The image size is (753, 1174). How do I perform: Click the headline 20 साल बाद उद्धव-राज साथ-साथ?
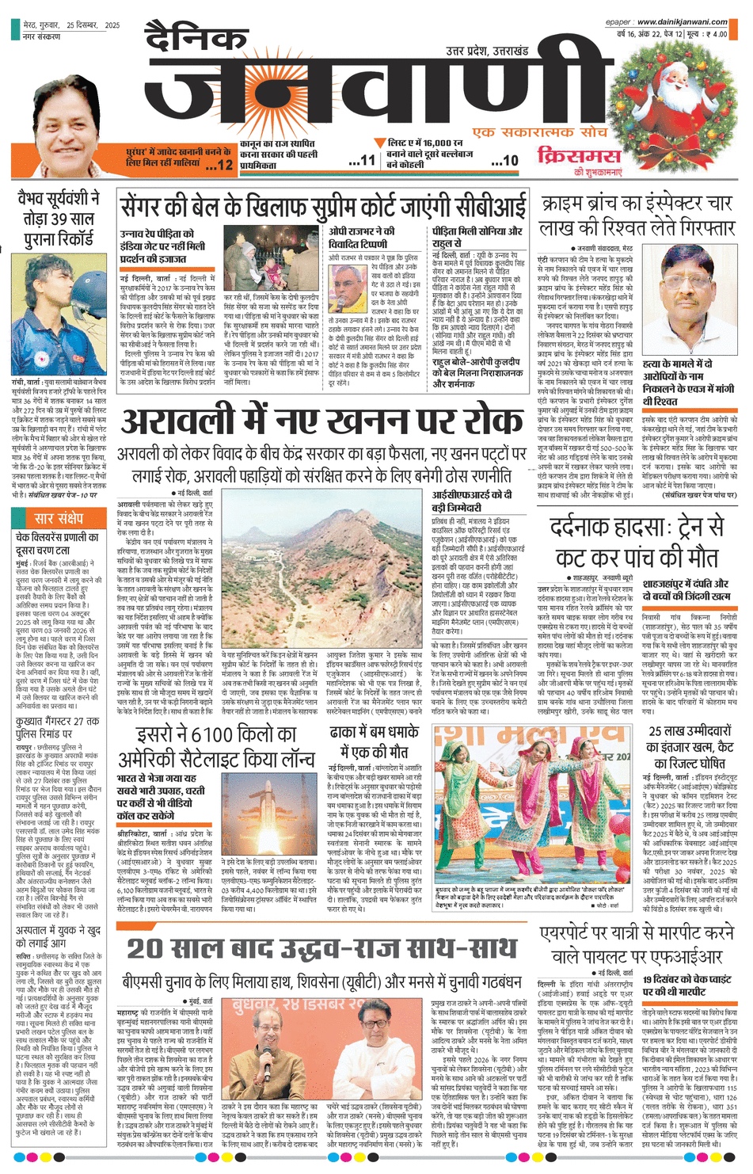[321, 948]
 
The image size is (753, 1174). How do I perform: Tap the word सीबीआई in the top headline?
[492, 206]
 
